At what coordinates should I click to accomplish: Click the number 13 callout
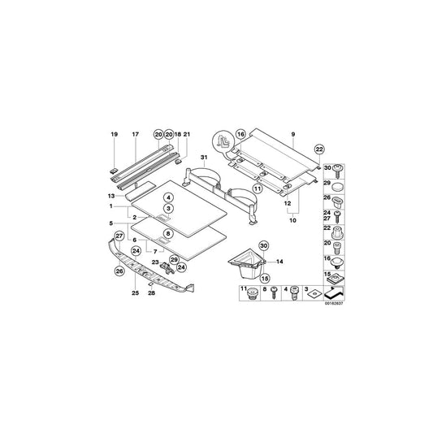tap(111, 196)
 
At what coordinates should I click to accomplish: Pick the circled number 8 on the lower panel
tap(168, 234)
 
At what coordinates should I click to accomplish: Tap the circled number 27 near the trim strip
tap(119, 236)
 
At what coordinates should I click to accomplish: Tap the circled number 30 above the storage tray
tap(262, 247)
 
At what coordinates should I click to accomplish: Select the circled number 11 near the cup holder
tap(256, 189)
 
